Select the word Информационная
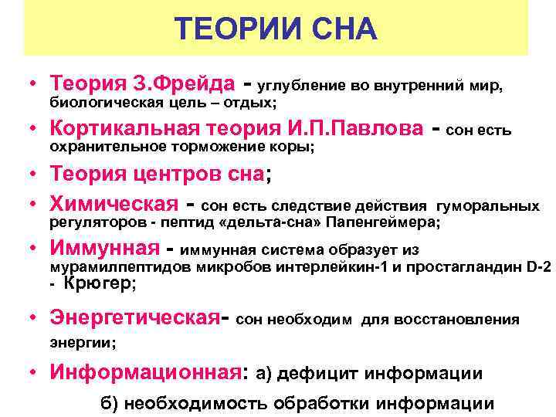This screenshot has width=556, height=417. pos(146,373)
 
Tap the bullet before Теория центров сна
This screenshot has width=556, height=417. pos(35,176)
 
